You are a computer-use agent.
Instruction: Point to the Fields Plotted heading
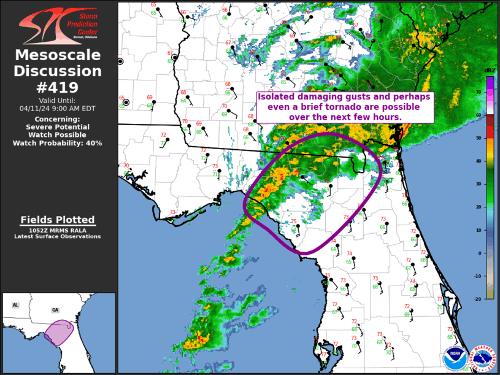58,220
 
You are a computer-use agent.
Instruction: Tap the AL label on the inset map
15,305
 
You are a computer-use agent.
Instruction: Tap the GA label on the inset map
56,310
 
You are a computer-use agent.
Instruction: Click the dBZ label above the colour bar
490,71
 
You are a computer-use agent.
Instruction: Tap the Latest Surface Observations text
58,236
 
